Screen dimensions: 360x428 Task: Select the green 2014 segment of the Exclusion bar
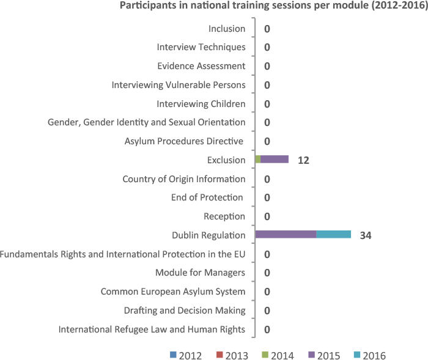258,160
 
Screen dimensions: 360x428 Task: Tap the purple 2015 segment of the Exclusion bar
275,160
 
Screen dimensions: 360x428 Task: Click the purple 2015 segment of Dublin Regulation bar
286,235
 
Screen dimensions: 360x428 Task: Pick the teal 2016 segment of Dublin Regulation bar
333,235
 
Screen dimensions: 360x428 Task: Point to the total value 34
366,235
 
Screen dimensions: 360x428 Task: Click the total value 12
304,160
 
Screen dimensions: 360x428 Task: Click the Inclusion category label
227,29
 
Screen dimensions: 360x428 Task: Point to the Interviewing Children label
201,104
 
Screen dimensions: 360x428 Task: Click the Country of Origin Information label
184,179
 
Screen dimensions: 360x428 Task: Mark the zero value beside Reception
267,217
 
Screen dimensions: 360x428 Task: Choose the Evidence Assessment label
201,66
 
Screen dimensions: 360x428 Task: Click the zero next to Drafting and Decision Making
267,311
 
